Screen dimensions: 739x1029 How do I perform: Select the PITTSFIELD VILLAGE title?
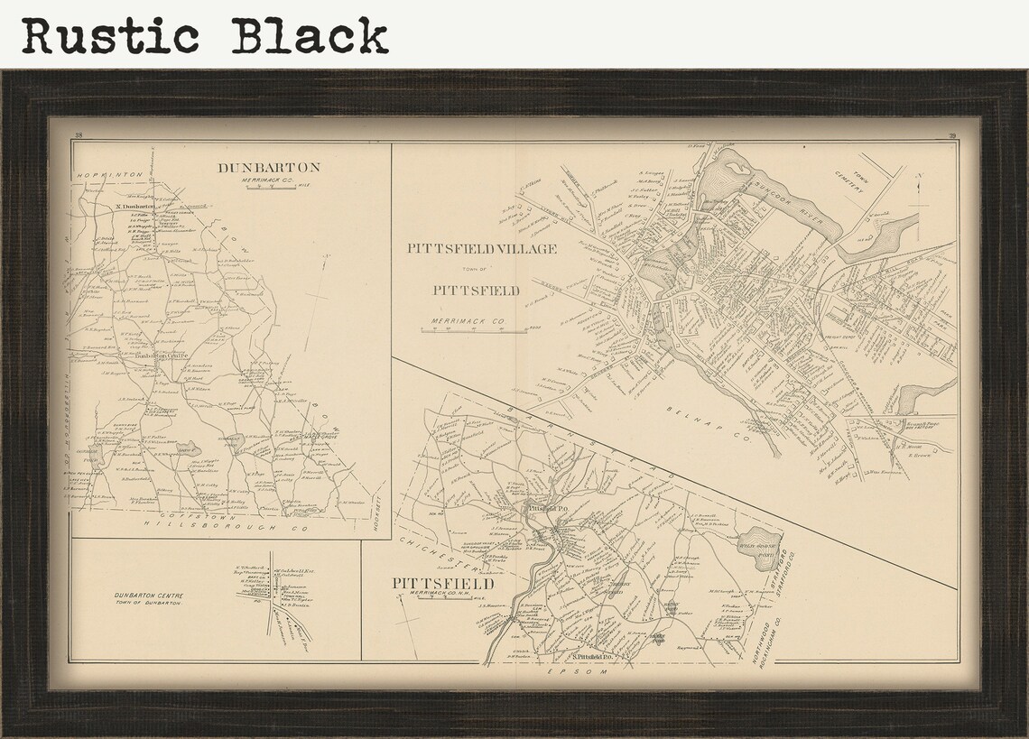tap(481, 248)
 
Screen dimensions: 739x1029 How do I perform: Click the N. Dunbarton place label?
tap(136, 206)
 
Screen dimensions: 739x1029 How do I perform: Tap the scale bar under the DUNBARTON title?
tap(267, 188)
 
